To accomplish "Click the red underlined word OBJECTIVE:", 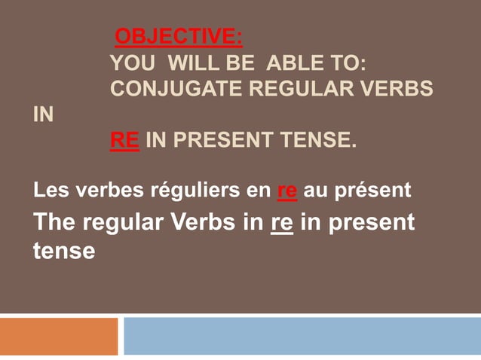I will point(178,36).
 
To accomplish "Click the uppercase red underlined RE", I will point(124,140).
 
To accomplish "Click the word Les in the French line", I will point(47,191).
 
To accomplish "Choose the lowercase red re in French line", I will point(286,191).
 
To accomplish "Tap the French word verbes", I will point(102,191).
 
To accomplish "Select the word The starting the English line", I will point(55,223).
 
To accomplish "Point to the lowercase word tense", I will point(64,250).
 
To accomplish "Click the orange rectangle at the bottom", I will point(59,336).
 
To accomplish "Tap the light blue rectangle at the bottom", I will point(302,336).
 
